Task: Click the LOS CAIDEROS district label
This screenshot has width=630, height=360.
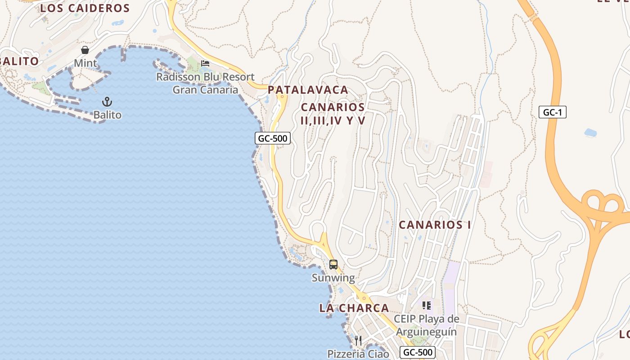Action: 85,8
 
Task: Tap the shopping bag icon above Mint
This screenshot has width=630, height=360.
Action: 85,49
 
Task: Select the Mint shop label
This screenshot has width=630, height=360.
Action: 85,63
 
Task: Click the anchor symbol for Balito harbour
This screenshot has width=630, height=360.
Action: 107,102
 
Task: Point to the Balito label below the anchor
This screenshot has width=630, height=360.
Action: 107,115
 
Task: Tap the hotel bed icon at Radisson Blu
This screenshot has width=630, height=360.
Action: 205,63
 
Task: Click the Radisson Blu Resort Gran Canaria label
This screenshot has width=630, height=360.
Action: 205,83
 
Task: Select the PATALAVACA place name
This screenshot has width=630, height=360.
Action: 308,90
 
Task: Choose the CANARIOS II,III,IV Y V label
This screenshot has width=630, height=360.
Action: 333,114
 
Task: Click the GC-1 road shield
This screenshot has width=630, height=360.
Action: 552,112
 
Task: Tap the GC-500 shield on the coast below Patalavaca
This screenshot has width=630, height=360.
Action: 273,138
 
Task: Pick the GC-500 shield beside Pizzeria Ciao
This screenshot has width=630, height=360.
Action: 418,352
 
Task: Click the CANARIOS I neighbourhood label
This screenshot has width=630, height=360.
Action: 435,225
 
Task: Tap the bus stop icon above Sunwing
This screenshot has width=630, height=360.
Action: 333,265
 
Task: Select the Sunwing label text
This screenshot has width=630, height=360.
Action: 333,278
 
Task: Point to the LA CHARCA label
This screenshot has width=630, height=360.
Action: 354,308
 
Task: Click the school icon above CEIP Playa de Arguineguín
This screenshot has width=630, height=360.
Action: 426,306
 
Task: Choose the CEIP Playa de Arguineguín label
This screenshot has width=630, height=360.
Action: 426,325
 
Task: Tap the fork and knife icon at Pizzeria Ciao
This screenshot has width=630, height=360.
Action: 358,340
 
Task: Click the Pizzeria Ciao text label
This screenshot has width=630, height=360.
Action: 358,354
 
